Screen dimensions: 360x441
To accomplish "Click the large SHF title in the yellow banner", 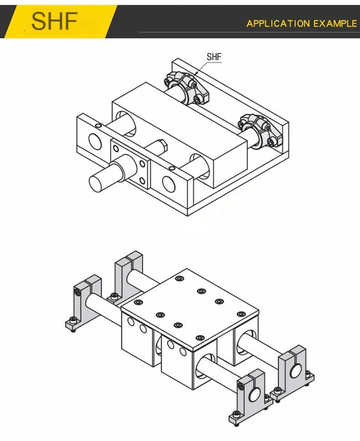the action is tap(54, 21).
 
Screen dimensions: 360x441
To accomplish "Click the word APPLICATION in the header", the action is tap(278, 24).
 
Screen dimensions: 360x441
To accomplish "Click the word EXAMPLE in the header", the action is tap(335, 24).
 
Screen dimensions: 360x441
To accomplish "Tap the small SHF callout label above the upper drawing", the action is tap(214, 57).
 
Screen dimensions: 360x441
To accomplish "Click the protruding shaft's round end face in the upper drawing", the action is tap(96, 183).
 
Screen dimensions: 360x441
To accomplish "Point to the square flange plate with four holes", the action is tap(130, 164).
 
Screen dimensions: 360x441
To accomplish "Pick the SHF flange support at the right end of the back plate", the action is tap(260, 130).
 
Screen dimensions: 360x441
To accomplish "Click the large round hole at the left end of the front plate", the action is tap(95, 141).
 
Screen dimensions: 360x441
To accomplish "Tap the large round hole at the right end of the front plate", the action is tap(169, 184).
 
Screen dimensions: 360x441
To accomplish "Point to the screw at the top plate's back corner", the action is tap(179, 279).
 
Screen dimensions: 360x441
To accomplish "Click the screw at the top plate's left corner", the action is tap(138, 302).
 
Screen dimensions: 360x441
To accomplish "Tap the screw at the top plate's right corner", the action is tap(241, 314).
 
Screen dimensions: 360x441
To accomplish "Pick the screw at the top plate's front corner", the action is tap(200, 337).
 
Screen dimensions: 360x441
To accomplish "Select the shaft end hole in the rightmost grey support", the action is tap(296, 371).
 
